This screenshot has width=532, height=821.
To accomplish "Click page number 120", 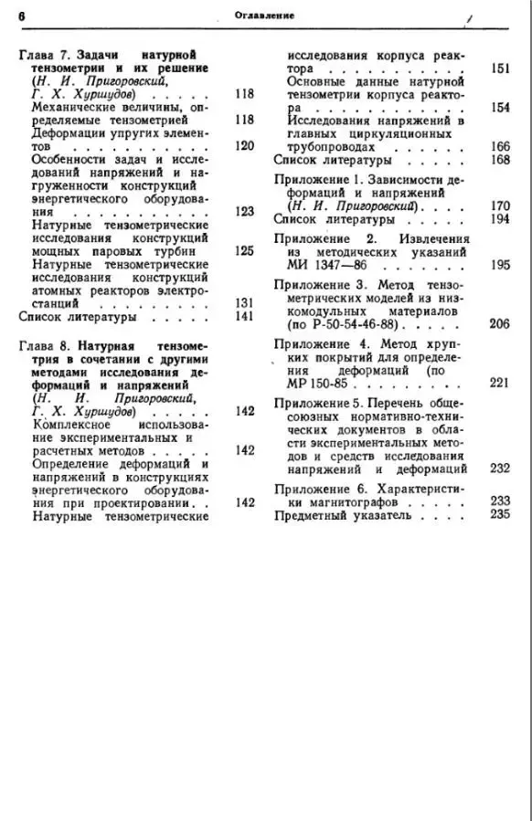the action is [x=243, y=145].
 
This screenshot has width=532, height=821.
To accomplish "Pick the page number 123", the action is [x=243, y=211].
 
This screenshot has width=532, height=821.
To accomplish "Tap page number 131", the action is [x=243, y=302].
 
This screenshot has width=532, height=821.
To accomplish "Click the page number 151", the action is [x=500, y=68].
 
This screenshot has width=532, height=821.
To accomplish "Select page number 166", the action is [x=500, y=146].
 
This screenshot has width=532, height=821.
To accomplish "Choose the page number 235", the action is [x=500, y=513].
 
